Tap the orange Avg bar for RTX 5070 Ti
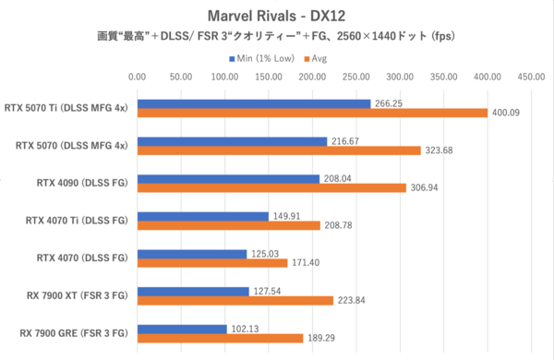point(312,114)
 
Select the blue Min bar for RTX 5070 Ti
point(254,103)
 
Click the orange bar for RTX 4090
point(271,187)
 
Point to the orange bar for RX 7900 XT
point(235,300)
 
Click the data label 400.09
point(507,114)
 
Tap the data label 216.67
point(346,141)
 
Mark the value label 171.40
point(307,263)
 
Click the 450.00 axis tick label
point(530,78)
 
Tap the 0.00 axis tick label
point(138,78)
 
